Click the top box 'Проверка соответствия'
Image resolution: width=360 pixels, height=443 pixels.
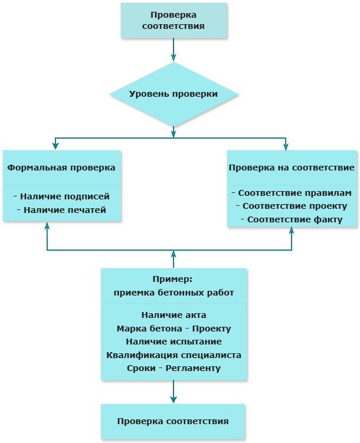point(174,20)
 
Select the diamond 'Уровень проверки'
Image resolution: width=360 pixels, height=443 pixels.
point(174,94)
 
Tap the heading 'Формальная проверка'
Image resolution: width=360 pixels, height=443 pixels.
point(61,168)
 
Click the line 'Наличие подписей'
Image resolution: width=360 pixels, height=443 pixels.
point(61,196)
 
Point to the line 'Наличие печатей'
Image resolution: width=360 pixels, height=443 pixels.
point(61,210)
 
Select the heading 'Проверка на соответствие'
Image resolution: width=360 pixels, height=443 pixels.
point(292,168)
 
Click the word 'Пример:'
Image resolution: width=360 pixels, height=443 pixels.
point(174,279)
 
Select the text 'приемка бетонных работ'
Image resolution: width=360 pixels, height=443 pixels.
point(174,292)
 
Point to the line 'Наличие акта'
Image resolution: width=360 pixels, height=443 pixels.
point(174,315)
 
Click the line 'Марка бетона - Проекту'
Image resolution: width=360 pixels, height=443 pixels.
point(174,329)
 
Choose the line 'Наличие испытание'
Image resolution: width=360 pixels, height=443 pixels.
point(174,342)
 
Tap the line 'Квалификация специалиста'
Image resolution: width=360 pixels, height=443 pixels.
point(174,355)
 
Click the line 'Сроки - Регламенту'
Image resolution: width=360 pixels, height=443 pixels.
point(174,368)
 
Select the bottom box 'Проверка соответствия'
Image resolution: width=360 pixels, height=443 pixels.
point(173,421)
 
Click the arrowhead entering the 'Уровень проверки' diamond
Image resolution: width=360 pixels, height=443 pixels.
point(174,58)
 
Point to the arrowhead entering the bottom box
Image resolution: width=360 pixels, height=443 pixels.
point(174,399)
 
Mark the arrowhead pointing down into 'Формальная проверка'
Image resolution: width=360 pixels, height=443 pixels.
point(55,146)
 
